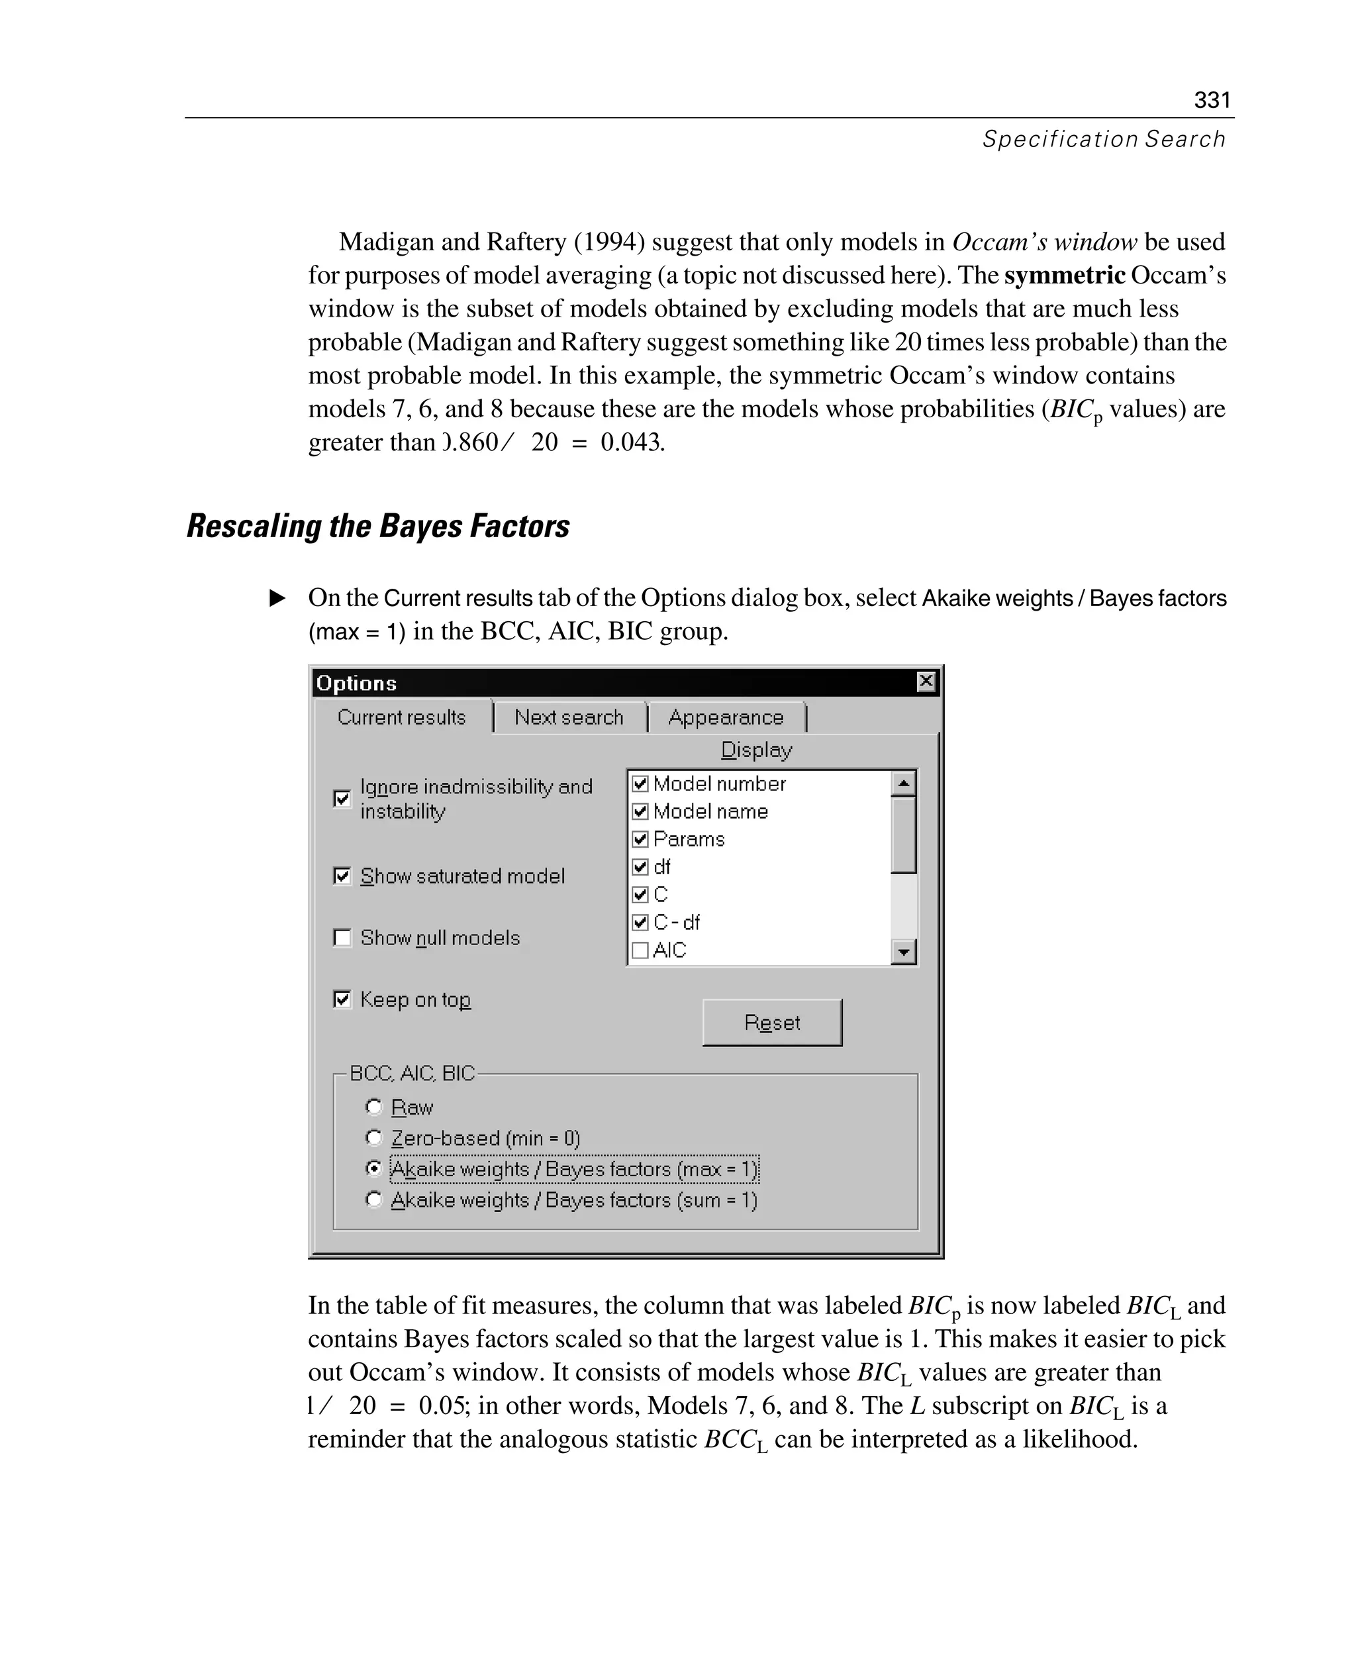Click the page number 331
click(x=1212, y=100)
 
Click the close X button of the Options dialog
click(x=926, y=681)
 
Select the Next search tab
click(x=569, y=717)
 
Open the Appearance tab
click(x=726, y=717)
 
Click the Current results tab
click(x=401, y=717)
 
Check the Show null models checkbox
click(x=342, y=938)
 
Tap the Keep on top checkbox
click(x=342, y=999)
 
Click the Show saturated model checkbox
click(x=342, y=876)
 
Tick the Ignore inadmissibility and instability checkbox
click(x=342, y=799)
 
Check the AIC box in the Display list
click(x=640, y=950)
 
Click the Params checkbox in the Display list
click(x=640, y=839)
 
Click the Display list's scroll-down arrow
click(x=904, y=952)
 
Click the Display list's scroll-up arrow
click(x=904, y=783)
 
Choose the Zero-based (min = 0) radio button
click(x=374, y=1138)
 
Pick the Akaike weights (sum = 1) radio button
click(x=374, y=1199)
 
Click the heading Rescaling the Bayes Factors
click(x=378, y=526)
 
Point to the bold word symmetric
click(x=1064, y=276)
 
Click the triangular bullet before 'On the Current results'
click(x=277, y=599)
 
